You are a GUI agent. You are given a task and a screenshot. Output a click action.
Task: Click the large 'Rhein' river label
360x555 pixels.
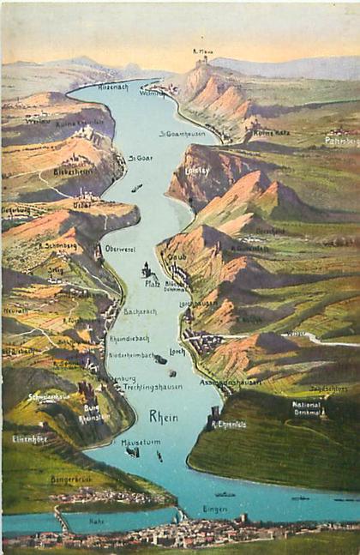(164, 416)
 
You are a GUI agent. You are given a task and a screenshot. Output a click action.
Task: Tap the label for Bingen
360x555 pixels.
(214, 509)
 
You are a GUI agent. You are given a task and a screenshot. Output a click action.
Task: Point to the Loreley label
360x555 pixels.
(197, 170)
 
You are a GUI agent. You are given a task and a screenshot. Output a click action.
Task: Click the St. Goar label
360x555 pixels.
(140, 158)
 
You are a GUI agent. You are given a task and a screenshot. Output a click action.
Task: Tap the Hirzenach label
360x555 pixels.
(112, 87)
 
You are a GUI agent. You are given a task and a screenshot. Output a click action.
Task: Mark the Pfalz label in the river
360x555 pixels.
(153, 282)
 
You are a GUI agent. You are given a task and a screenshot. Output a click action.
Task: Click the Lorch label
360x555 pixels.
(177, 351)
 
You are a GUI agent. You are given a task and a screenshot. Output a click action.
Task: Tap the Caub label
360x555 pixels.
(176, 256)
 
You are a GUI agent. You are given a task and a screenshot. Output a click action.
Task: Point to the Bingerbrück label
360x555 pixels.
(70, 479)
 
